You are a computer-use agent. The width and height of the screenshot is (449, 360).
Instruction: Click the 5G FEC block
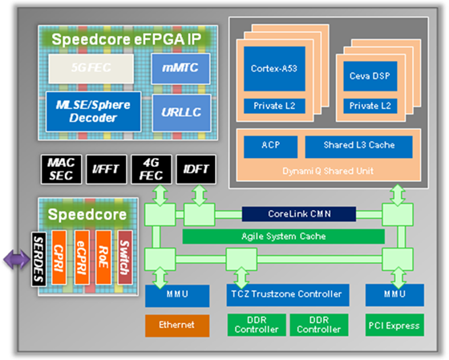(91, 68)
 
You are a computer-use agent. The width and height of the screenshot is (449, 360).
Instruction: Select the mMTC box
(180, 68)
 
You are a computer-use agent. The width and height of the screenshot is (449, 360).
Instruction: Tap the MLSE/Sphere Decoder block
(93, 111)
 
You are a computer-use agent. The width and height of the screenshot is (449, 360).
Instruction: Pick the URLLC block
(181, 113)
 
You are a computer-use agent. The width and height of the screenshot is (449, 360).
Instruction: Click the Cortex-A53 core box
(274, 69)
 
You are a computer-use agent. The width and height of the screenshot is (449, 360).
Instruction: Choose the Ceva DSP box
(370, 76)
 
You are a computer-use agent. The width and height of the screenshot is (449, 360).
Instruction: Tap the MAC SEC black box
(61, 169)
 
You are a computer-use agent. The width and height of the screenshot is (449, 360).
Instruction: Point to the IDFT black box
(196, 169)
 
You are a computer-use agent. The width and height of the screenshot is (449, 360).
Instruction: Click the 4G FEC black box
(152, 169)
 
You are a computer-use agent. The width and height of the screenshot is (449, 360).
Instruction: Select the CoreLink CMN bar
(299, 214)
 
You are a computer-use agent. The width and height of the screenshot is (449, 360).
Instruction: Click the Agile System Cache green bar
(284, 237)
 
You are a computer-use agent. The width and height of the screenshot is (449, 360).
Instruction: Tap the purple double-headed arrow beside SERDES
(17, 260)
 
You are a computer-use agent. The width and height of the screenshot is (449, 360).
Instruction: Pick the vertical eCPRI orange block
(82, 257)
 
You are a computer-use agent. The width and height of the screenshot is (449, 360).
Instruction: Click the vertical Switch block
(125, 257)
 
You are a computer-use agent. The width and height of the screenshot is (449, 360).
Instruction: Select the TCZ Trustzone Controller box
(288, 295)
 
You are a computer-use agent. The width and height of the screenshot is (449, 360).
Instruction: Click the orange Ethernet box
(177, 326)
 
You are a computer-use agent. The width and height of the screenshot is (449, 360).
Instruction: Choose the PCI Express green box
(394, 326)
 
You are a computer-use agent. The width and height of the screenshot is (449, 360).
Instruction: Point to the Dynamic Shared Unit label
(328, 172)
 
